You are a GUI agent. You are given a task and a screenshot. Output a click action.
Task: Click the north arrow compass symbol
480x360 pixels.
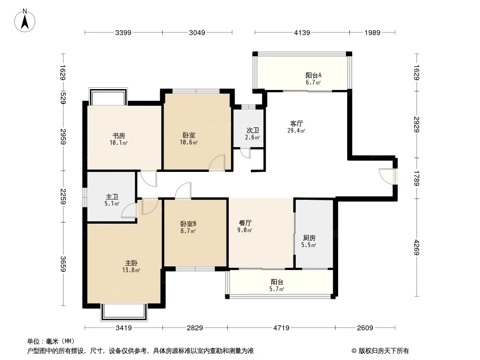(25, 21)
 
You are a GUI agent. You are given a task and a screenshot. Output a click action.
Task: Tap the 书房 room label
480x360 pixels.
(118, 135)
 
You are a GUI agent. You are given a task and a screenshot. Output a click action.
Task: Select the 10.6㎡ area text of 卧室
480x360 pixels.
(189, 142)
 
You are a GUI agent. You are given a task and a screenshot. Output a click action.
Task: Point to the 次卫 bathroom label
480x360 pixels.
(253, 130)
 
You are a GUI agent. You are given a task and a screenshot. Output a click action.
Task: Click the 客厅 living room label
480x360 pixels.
(296, 124)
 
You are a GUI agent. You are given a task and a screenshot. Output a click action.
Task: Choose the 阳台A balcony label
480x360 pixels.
(313, 75)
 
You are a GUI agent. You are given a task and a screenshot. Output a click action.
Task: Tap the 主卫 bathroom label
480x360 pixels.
(112, 197)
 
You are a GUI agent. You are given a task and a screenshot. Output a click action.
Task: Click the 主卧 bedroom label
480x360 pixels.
(131, 263)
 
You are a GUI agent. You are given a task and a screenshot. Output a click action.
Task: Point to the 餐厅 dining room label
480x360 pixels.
(245, 223)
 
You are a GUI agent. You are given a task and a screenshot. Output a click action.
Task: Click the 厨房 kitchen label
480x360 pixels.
(309, 238)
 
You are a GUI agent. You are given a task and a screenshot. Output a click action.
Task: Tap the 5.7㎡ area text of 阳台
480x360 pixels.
(277, 289)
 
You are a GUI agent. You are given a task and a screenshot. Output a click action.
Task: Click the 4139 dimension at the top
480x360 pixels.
(302, 32)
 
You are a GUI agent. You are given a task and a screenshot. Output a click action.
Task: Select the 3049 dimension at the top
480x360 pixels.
(197, 32)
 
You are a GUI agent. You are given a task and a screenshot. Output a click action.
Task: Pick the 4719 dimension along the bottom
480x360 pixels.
(281, 328)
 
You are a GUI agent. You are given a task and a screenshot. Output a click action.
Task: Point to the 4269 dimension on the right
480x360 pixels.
(417, 247)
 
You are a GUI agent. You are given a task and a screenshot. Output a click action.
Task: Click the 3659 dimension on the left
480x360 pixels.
(63, 264)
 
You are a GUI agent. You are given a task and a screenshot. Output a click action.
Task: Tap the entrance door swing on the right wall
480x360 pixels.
(386, 176)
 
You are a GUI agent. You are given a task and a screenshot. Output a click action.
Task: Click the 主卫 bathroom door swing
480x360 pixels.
(129, 211)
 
